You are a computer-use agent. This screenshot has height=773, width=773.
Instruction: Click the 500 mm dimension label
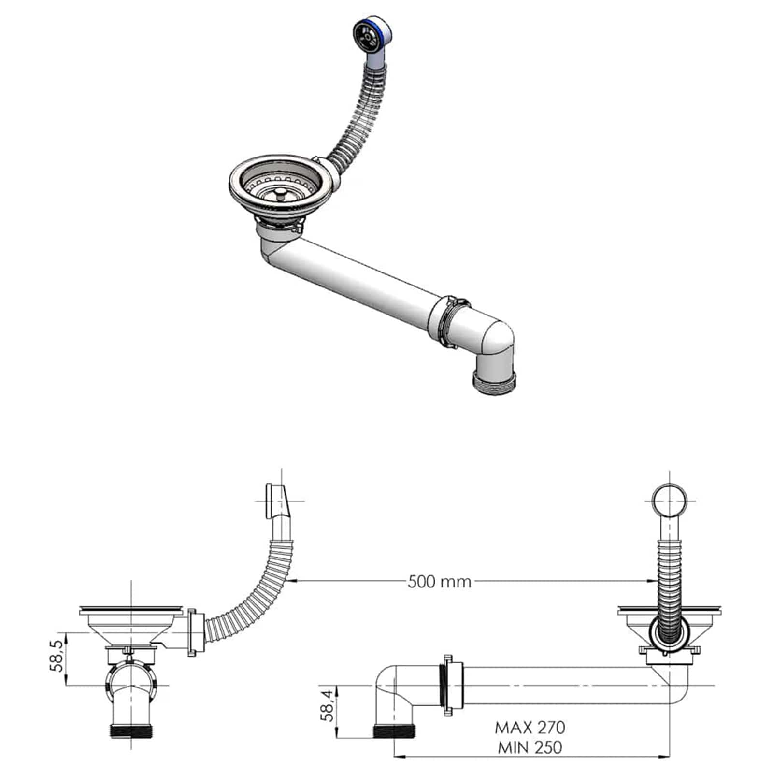[439, 581]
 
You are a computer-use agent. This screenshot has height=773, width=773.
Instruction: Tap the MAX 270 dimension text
[530, 727]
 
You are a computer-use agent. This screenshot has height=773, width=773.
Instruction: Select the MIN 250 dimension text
[530, 748]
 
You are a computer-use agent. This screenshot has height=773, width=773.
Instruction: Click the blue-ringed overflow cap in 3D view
[370, 35]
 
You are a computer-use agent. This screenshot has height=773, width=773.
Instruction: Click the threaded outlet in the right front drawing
[395, 731]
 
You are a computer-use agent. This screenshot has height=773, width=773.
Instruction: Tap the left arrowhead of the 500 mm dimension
[294, 581]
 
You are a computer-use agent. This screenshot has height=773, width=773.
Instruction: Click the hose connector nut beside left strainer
[192, 632]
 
